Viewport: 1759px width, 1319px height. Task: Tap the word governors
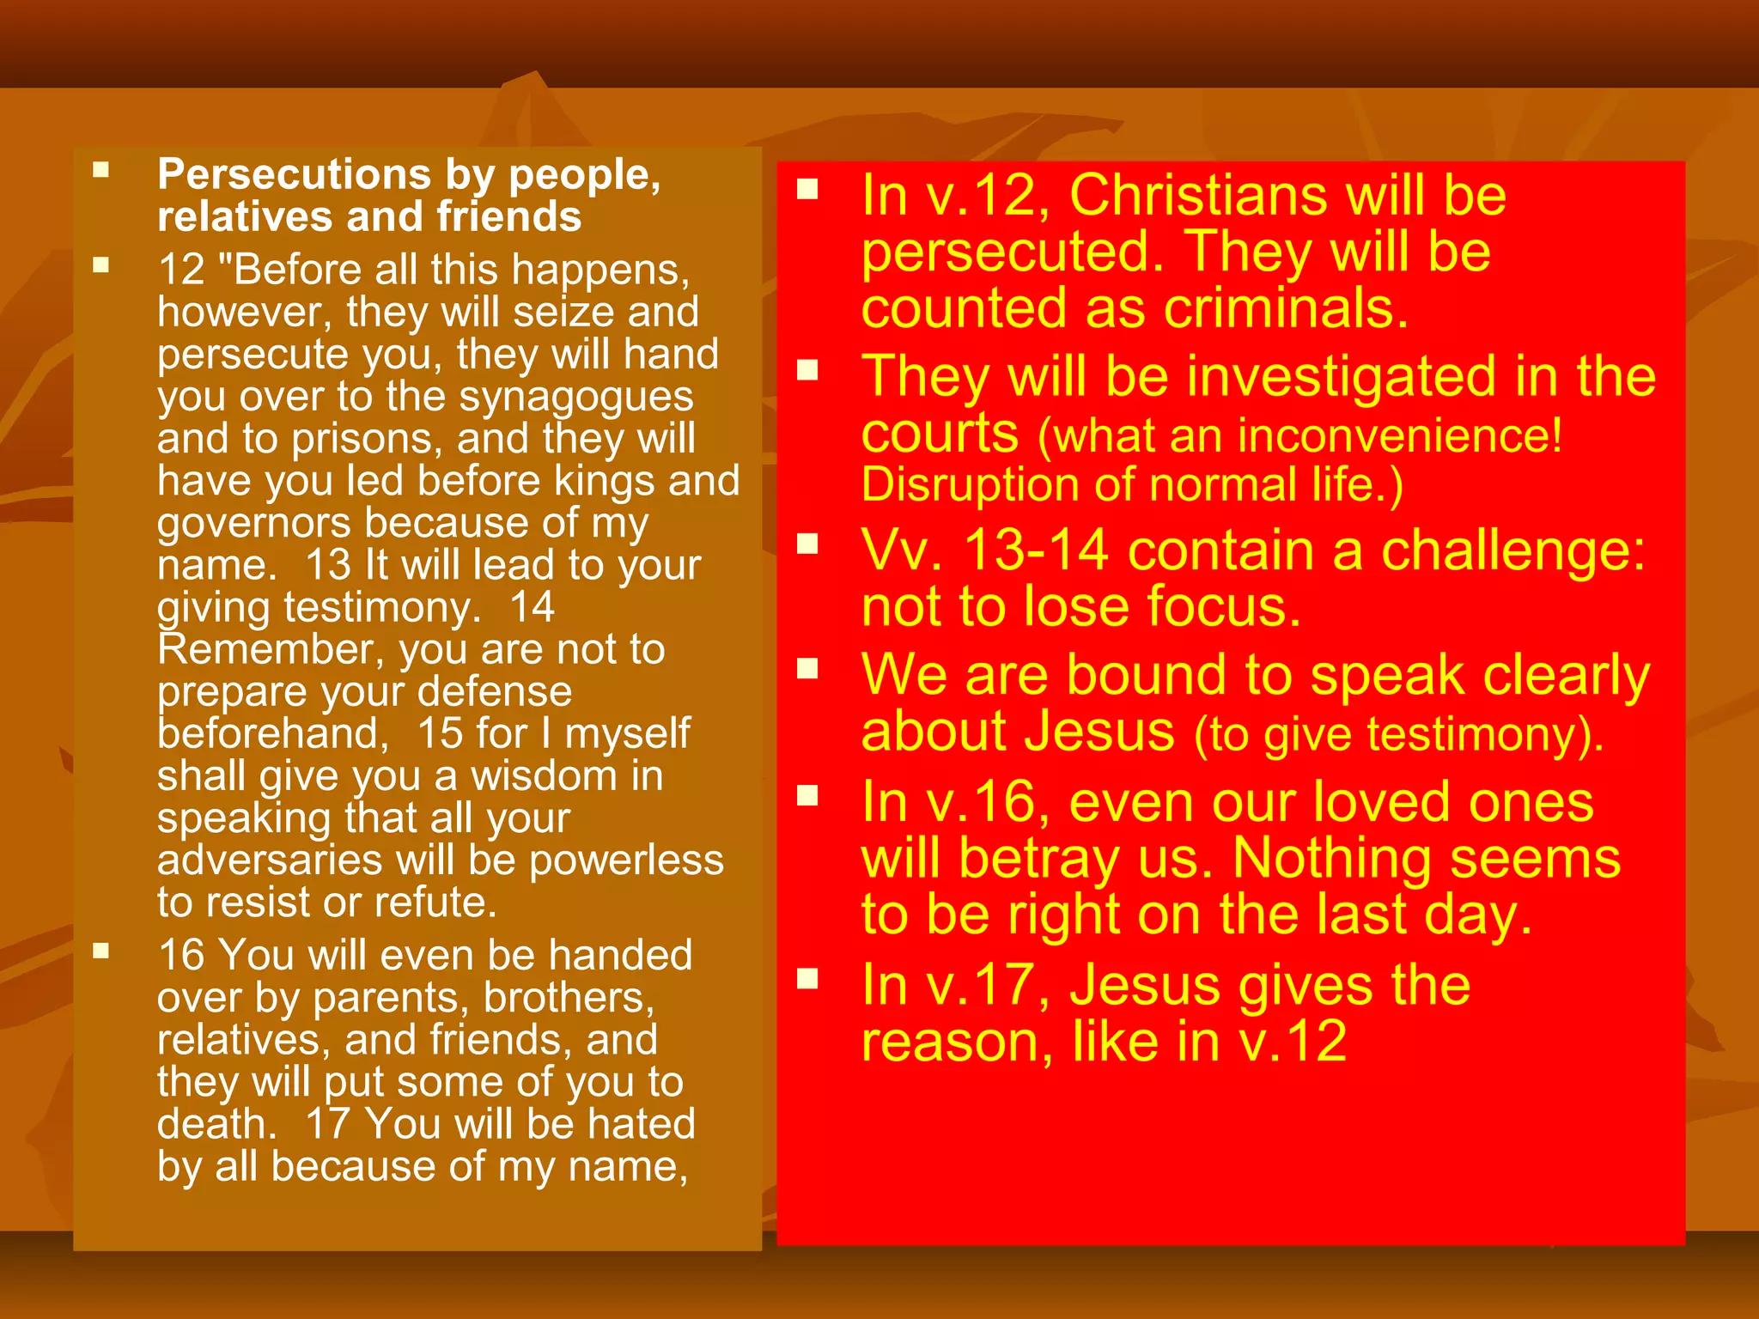253,524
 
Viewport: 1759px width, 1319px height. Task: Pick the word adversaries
270,860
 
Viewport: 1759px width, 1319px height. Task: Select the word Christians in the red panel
1199,196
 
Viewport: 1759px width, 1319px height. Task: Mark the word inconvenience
1391,436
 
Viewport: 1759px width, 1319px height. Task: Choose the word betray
1038,859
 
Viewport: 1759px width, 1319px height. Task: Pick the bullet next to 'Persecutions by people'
101,169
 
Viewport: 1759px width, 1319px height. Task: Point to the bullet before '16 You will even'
101,951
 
